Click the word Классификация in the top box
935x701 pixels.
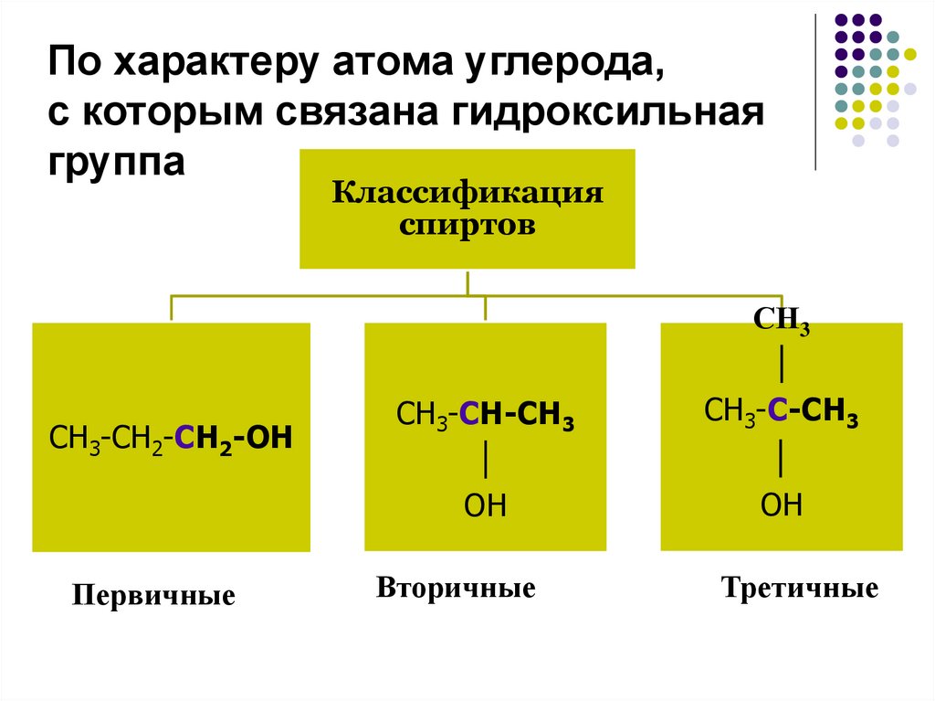(467, 195)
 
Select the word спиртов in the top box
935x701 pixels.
(467, 225)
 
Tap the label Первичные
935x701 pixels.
(153, 597)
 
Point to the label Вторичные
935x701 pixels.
(456, 587)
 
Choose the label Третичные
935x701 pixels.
(799, 587)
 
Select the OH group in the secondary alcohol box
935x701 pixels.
(485, 505)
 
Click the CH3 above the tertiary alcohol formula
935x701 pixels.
(782, 321)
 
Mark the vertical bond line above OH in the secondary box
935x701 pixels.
(485, 460)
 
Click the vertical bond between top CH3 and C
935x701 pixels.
(782, 365)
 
